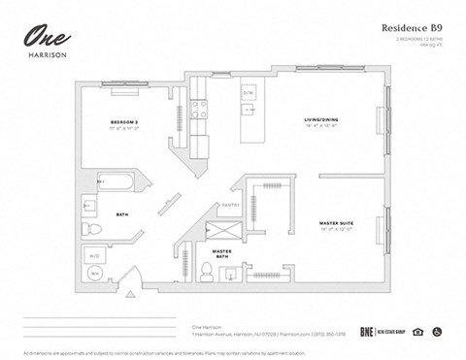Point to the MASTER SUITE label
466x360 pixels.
click(336, 223)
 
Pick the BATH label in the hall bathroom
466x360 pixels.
click(122, 213)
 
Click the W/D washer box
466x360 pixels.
click(94, 256)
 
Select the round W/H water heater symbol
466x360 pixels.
click(95, 274)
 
